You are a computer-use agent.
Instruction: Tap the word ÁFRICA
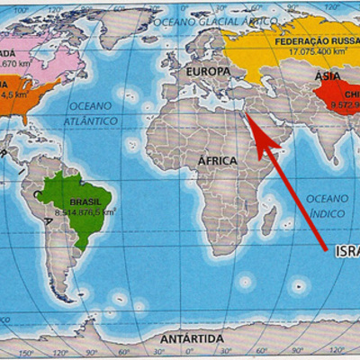(218, 160)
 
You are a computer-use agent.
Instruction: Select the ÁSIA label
(328, 76)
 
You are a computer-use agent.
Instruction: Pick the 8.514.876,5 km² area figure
(85, 213)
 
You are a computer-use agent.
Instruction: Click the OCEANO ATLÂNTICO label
(93, 112)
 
